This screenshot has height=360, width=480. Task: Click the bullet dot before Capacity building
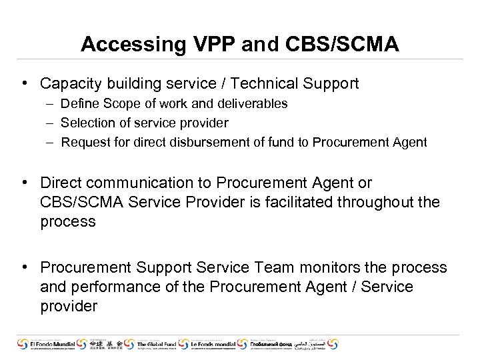pyautogui.click(x=23, y=83)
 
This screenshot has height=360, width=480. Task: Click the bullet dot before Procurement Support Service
pyautogui.click(x=23, y=267)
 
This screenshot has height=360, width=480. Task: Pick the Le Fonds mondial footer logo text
pyautogui.click(x=212, y=345)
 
